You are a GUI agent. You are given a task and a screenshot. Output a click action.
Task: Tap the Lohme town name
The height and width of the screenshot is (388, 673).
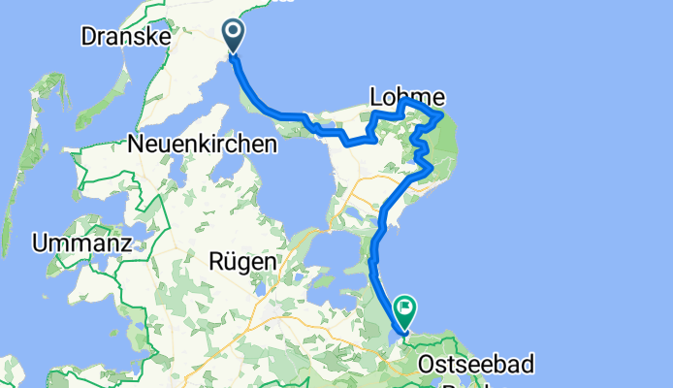coord(407,96)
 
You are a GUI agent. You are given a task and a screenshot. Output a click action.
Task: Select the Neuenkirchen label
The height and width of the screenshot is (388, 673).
coord(202,144)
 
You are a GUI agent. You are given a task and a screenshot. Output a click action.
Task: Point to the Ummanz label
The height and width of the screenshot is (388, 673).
coord(81,243)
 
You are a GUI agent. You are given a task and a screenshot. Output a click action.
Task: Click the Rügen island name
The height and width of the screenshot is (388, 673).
coord(242,261)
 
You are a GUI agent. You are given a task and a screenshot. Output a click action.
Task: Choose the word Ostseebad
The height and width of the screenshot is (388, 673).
coord(476,365)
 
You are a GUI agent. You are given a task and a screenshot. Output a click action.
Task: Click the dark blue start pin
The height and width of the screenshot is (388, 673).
coord(234,35)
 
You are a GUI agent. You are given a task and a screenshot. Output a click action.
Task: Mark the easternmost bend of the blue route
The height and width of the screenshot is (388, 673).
coord(442,115)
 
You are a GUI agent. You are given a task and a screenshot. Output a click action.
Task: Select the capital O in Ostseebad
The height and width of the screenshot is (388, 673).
coord(429,365)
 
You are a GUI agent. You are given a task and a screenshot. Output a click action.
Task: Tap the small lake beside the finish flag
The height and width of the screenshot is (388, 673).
coord(391,334)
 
